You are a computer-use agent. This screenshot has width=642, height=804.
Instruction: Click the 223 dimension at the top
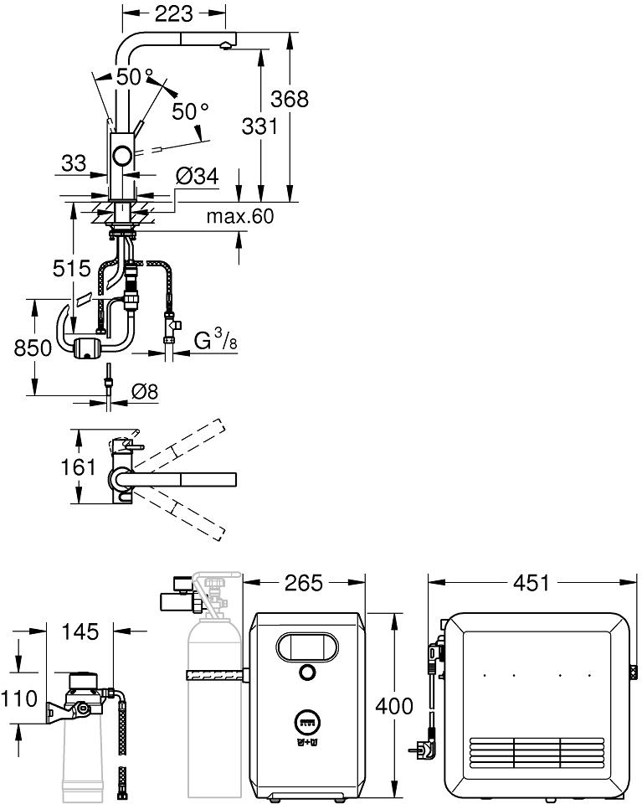174,14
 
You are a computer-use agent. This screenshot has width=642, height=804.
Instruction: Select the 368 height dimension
290,99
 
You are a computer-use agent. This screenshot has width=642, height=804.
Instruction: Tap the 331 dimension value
259,126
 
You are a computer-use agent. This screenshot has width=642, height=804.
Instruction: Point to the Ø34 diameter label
197,177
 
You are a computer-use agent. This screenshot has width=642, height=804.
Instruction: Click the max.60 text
239,216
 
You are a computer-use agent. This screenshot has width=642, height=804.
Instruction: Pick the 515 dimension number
72,268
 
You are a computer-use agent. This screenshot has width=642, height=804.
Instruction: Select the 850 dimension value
33,348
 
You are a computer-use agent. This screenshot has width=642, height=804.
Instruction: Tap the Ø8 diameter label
145,392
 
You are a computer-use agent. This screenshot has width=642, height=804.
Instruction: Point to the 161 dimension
78,467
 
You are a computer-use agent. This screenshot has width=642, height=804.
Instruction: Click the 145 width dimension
80,631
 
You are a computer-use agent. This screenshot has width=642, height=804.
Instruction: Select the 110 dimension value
19,698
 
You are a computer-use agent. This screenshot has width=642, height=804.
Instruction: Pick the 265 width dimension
304,583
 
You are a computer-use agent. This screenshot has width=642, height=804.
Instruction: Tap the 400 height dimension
394,706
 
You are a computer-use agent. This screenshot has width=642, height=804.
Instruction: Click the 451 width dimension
531,583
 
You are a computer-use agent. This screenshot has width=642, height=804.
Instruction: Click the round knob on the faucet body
123,154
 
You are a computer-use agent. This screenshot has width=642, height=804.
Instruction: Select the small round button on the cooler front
307,672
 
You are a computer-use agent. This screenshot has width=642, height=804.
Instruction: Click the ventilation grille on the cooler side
537,755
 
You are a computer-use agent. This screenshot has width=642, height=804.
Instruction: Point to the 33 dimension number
74,163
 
